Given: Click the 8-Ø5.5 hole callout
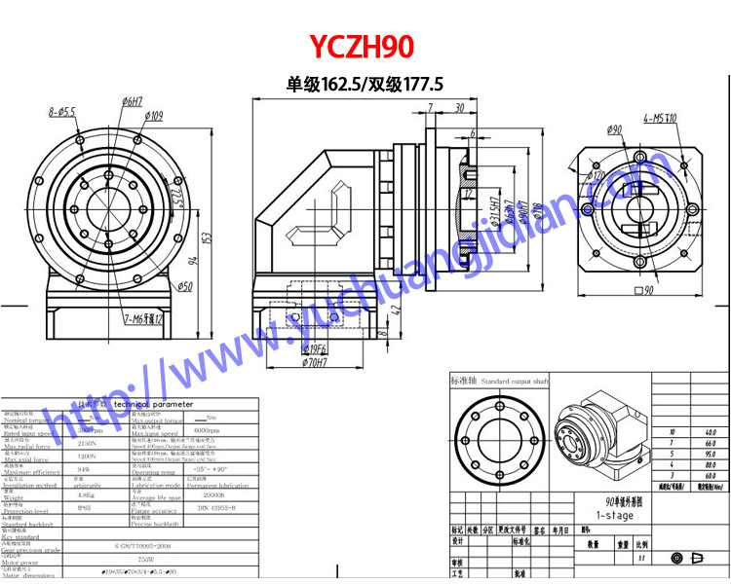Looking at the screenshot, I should [62, 113].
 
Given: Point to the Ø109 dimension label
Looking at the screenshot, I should [153, 116].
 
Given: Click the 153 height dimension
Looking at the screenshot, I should [208, 237].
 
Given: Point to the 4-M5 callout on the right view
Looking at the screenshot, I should [667, 119].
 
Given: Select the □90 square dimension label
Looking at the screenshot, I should [643, 290].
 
